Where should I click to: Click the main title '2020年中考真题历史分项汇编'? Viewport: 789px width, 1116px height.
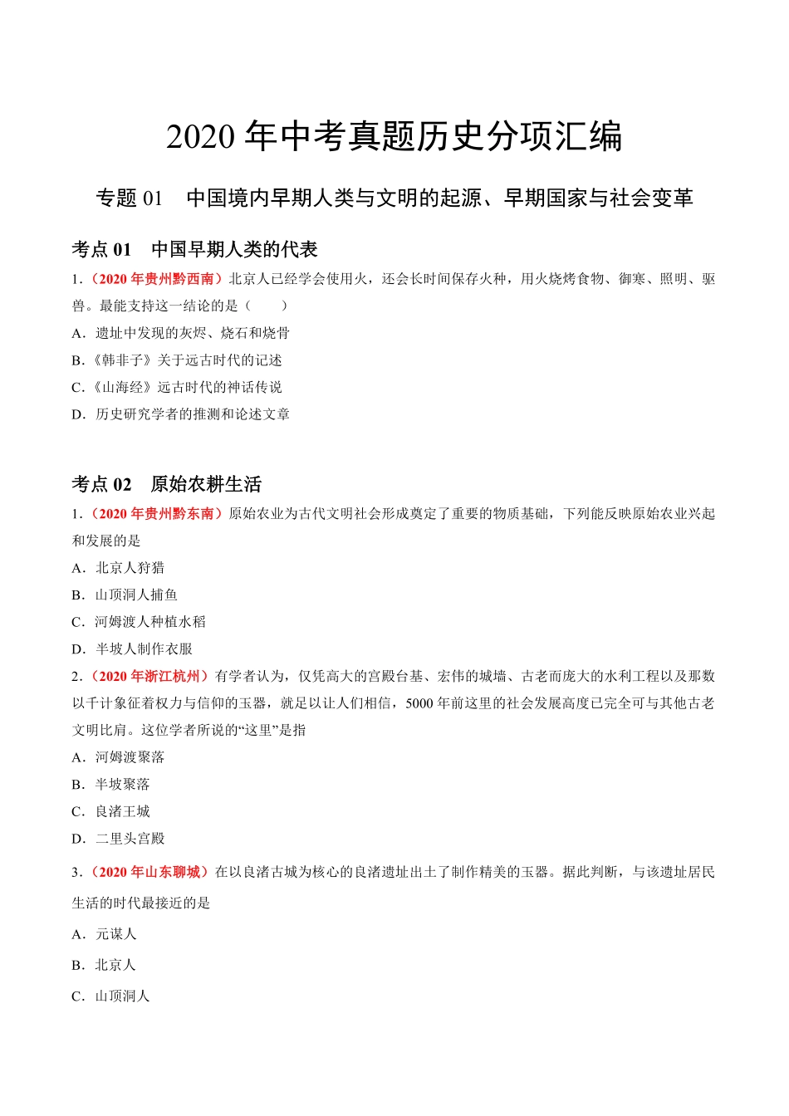394,137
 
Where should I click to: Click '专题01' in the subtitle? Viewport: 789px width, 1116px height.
129,198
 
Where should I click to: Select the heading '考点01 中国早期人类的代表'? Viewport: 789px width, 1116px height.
194,249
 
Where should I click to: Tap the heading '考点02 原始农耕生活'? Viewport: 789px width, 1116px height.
166,484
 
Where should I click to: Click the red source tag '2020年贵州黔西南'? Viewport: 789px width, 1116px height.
156,279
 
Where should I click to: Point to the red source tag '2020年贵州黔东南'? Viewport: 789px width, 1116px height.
156,514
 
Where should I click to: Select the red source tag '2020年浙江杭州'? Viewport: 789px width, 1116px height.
149,677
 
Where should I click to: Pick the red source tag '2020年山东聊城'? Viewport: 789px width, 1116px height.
149,872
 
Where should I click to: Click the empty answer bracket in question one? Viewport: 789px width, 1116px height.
267,306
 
